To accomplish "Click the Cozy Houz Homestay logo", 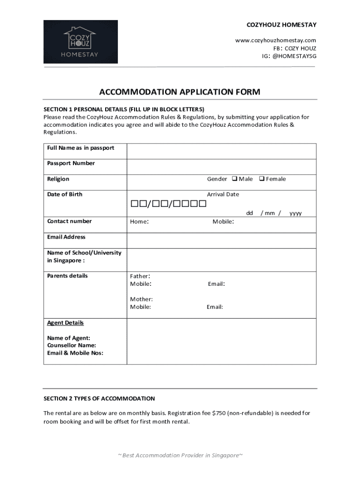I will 80,42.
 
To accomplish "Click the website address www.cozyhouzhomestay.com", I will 275,40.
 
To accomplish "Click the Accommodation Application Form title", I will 180,92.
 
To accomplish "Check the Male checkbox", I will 235,179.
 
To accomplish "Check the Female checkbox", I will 262,179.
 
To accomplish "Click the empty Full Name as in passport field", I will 222,151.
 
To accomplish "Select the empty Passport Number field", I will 222,167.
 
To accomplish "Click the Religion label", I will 58,179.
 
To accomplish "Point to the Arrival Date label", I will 223,195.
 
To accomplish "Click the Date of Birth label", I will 65,195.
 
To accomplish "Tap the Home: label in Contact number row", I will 139,222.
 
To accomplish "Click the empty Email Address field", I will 222,240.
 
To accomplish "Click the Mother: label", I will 141,299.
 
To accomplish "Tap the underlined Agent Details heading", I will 65,323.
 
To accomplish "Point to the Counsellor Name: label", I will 72,345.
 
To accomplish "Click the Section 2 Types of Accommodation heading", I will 99,399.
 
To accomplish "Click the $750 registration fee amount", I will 218,414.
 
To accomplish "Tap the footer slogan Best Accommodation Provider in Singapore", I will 180,456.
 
